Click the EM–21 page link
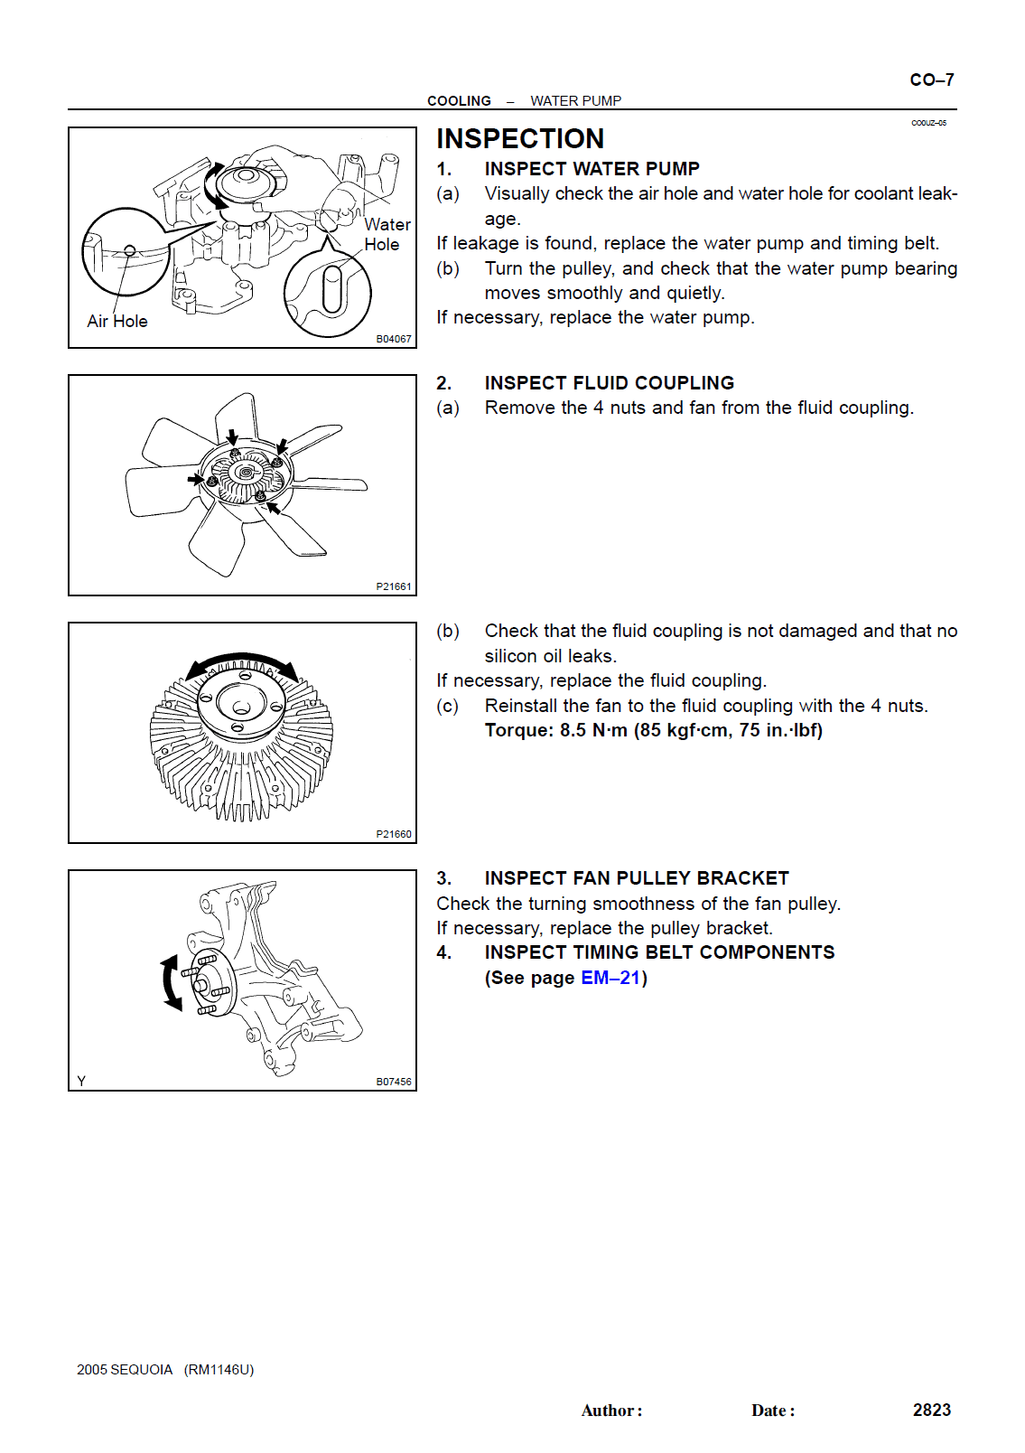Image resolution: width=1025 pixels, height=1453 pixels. point(610,978)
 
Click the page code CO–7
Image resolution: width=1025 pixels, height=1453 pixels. point(931,80)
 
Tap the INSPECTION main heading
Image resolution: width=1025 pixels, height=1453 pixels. point(520,138)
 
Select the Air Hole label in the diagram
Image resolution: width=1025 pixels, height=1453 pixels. point(117,321)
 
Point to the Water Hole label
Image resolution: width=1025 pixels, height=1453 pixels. point(387,234)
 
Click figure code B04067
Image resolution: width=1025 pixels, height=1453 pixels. point(394,339)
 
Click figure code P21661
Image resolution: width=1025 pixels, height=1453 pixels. point(394,586)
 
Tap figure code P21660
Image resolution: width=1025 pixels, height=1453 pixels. point(394,834)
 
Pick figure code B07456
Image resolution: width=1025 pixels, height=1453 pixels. point(394,1082)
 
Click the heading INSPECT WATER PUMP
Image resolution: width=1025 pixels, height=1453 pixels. point(592,169)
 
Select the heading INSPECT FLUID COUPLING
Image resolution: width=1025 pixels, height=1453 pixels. point(609,383)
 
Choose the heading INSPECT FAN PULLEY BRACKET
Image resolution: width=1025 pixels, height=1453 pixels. point(636,878)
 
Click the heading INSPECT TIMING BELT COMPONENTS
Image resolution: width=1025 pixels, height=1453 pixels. point(659,952)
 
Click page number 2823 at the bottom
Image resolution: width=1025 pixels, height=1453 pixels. point(931,1410)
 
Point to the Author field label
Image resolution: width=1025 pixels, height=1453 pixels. point(611,1411)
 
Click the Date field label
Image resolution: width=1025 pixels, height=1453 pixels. point(773,1411)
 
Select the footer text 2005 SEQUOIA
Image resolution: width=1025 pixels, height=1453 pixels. point(125,1370)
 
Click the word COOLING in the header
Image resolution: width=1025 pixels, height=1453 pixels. point(459,101)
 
